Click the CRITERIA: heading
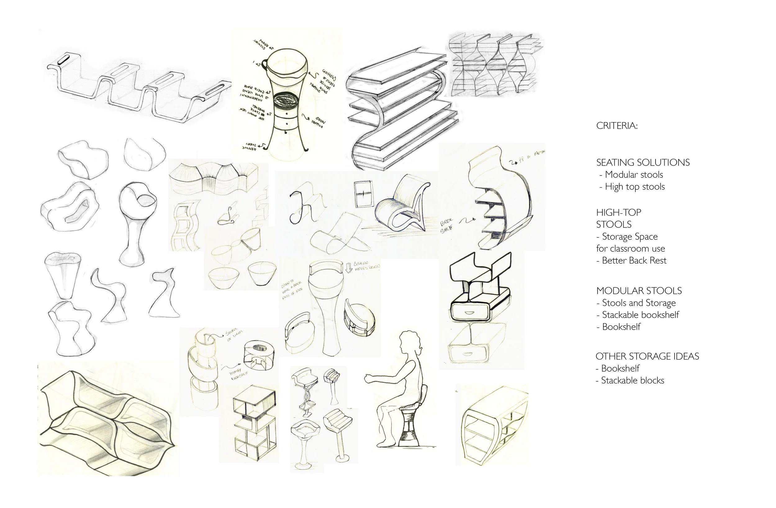click(616, 126)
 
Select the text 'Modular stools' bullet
click(634, 175)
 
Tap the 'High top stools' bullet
click(634, 187)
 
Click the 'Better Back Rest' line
click(634, 260)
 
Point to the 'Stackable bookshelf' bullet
click(640, 315)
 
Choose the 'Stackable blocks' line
click(632, 380)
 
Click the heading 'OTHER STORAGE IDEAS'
click(647, 356)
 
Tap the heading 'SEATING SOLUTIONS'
click(643, 162)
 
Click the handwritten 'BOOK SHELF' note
click(447, 226)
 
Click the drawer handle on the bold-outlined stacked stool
click(469, 312)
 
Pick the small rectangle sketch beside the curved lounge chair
click(363, 194)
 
